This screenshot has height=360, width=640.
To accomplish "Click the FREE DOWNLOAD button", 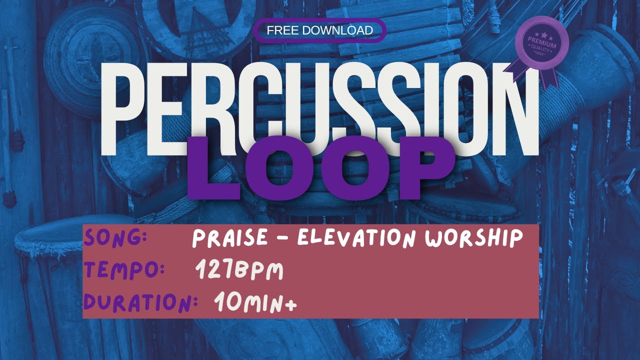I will pyautogui.click(x=320, y=30).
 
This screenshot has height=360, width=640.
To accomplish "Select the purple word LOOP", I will pyautogui.click(x=320, y=168).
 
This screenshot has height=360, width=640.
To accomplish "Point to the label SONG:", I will pyautogui.click(x=115, y=237).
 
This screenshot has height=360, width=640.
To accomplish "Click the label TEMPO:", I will pyautogui.click(x=124, y=271).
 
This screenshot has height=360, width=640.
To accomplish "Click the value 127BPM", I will pyautogui.click(x=239, y=271).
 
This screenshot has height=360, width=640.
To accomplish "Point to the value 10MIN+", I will pyautogui.click(x=255, y=302).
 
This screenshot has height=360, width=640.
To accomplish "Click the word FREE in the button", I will pyautogui.click(x=281, y=30).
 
